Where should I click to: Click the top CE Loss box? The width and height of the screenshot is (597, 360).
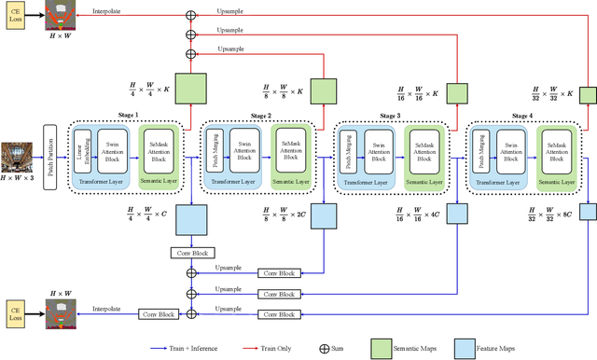15,17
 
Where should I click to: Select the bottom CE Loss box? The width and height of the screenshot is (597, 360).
15,313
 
